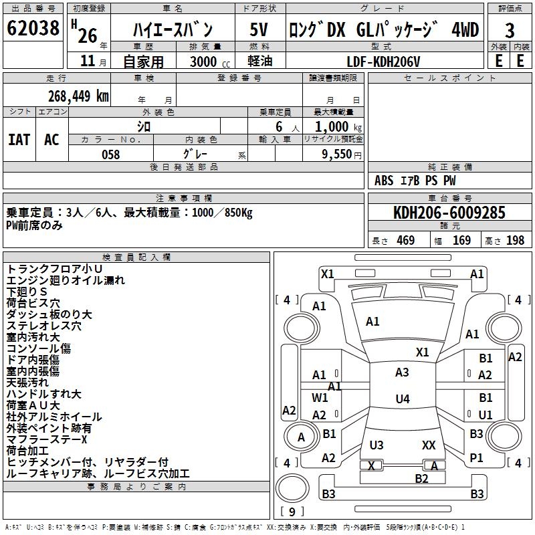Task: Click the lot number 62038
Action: (33, 29)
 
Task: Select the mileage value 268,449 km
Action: (78, 96)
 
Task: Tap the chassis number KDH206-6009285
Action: (449, 213)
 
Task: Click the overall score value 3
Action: (510, 31)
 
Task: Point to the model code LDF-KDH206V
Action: (383, 62)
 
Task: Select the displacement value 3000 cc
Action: (207, 62)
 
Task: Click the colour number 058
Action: (110, 154)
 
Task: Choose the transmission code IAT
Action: (19, 140)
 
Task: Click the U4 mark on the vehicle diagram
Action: (402, 399)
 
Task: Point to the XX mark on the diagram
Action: (429, 445)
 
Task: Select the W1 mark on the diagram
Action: (320, 398)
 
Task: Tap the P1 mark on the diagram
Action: (476, 458)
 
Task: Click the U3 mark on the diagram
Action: (377, 445)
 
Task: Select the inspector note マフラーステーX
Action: (47, 439)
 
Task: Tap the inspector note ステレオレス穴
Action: (43, 326)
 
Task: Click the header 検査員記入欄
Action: (136, 257)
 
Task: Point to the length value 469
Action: (405, 241)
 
